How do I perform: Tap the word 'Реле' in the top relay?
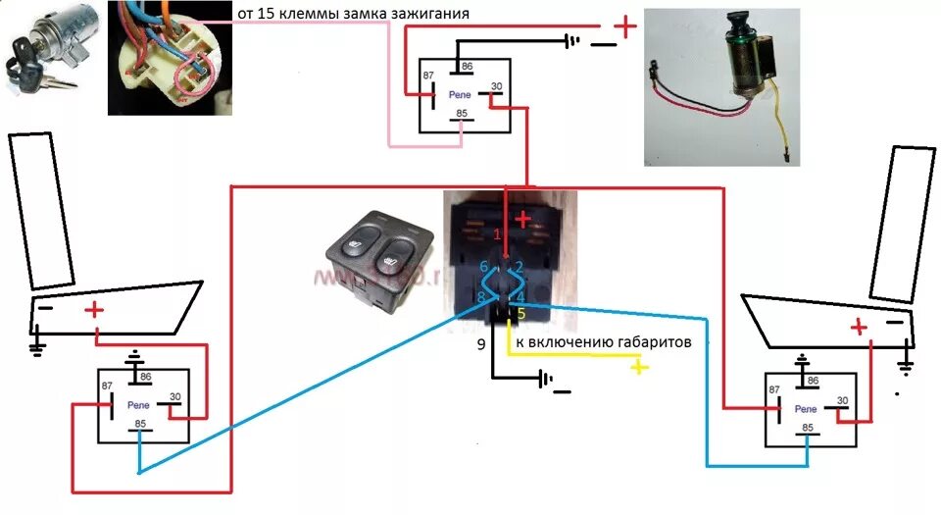(x=459, y=95)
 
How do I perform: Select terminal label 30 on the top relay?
(x=496, y=87)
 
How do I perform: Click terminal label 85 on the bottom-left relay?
(x=141, y=425)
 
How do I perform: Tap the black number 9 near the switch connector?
(x=480, y=344)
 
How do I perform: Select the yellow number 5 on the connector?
(x=521, y=315)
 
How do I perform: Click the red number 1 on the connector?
(x=497, y=235)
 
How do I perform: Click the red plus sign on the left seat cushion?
(x=94, y=311)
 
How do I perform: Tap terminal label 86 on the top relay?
(x=468, y=67)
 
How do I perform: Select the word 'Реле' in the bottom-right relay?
(x=806, y=408)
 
